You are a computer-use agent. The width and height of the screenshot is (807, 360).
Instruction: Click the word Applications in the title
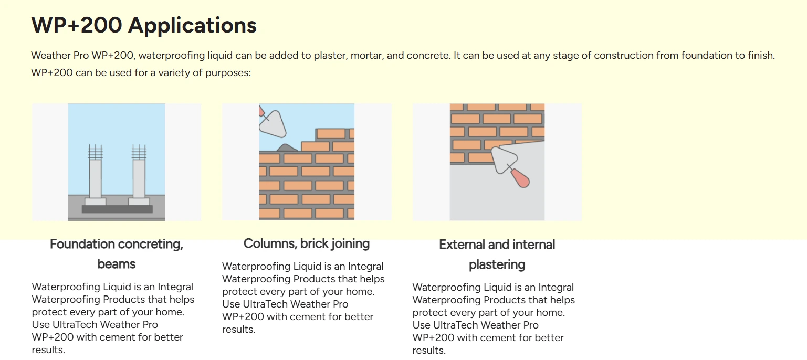click(x=192, y=26)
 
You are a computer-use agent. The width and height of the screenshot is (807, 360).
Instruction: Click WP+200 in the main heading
click(x=77, y=25)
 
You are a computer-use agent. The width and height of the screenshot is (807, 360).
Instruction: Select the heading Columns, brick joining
click(x=307, y=243)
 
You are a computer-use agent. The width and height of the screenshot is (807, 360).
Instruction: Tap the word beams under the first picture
click(x=117, y=264)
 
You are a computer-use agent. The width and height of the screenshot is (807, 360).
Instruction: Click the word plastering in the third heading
click(x=497, y=265)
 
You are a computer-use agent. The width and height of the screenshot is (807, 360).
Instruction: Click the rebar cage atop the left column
click(x=96, y=152)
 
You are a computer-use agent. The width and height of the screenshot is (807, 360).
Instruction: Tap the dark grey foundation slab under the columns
click(x=117, y=209)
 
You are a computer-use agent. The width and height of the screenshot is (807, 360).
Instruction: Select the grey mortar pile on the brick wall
click(x=287, y=147)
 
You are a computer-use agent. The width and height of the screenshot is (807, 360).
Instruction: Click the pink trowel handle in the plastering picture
click(x=521, y=178)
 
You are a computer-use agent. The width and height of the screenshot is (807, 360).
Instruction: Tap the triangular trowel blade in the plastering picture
click(x=504, y=160)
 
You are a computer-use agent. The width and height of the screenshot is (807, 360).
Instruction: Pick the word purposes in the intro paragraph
click(x=228, y=73)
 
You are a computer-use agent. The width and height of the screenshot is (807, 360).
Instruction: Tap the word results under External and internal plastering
click(x=429, y=350)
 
